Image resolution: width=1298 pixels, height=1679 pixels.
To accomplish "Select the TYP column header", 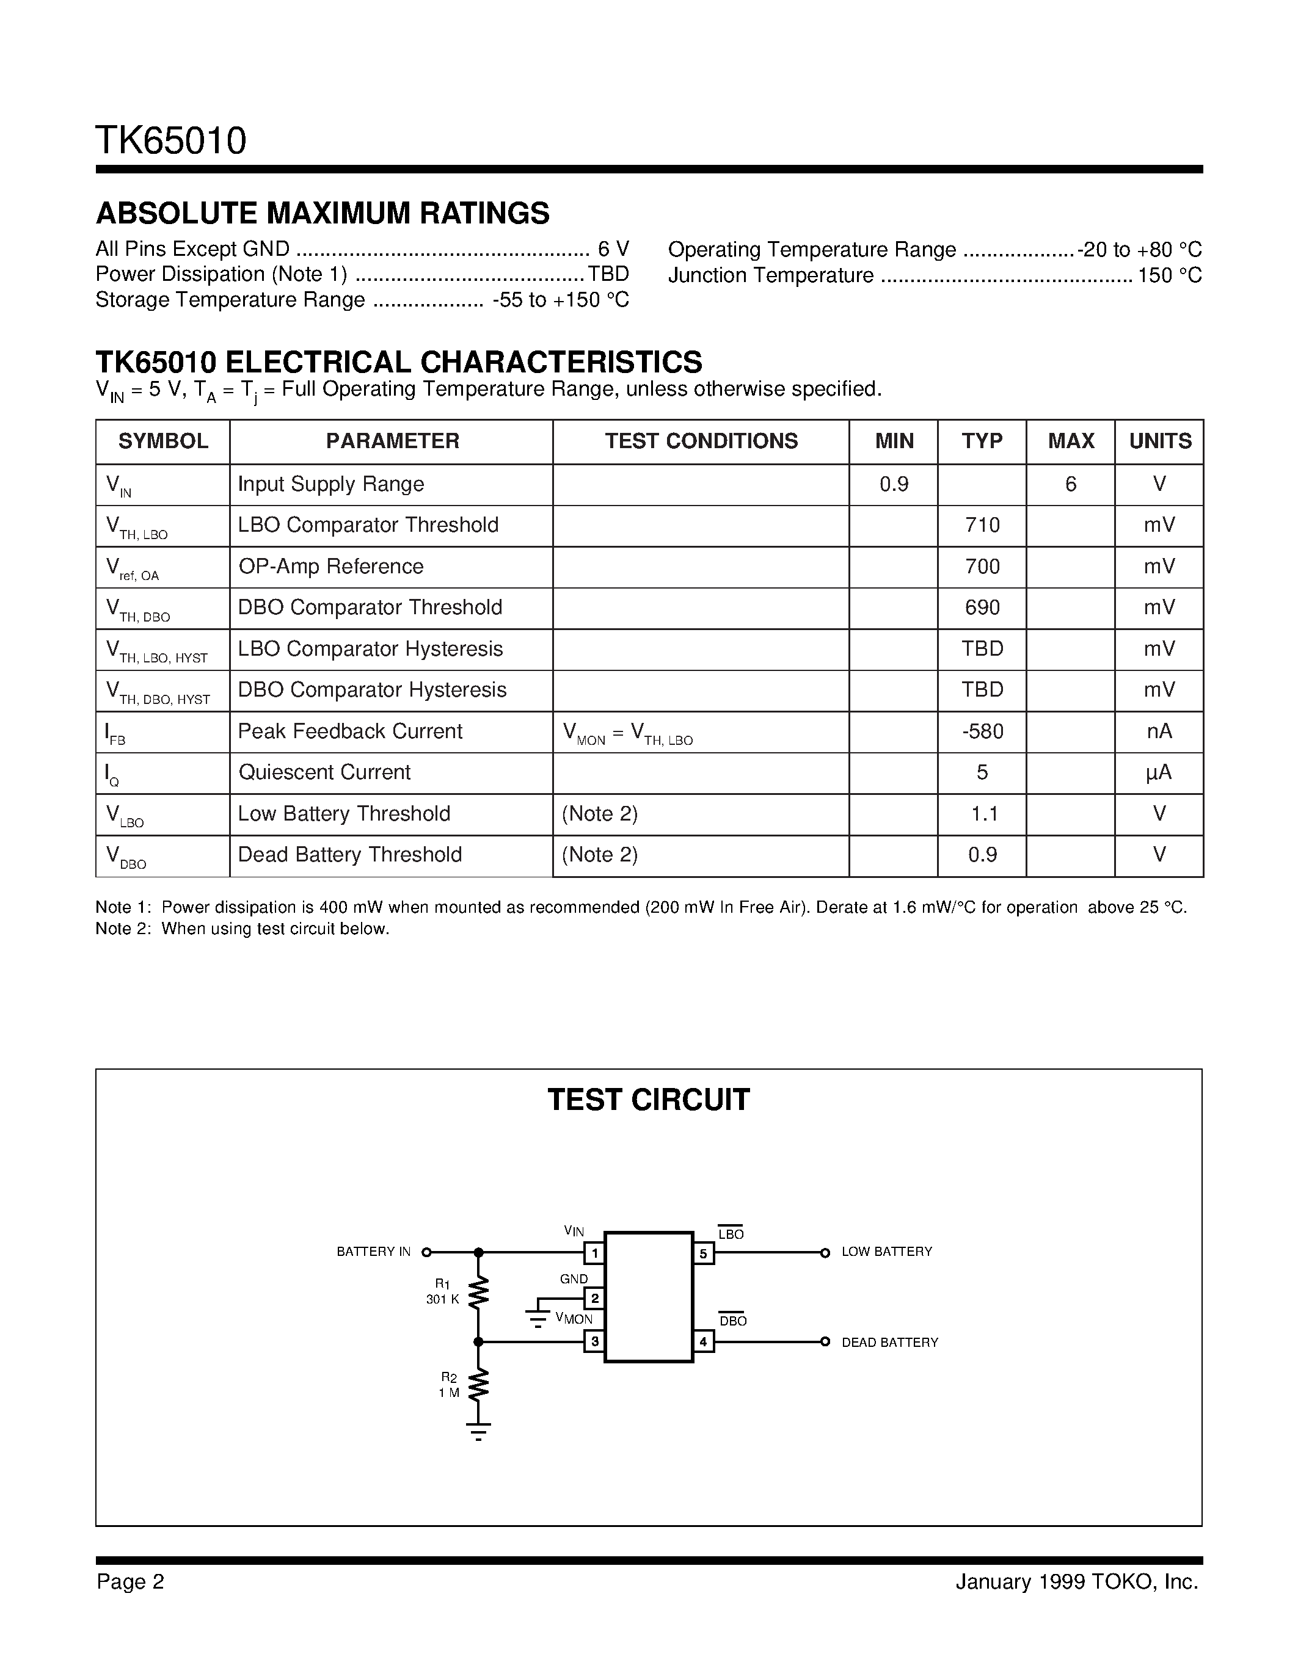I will [x=982, y=441].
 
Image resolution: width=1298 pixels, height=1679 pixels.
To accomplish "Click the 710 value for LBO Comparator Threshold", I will [x=982, y=525].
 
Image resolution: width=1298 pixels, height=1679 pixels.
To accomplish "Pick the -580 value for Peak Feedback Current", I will [x=982, y=731].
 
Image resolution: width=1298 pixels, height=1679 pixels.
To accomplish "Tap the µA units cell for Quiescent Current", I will [x=1159, y=772].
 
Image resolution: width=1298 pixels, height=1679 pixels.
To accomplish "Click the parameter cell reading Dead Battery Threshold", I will [x=350, y=855].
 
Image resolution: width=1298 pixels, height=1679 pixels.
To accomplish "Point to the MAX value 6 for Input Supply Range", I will [x=1070, y=484].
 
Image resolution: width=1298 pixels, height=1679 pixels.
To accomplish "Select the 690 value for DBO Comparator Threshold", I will [x=982, y=607].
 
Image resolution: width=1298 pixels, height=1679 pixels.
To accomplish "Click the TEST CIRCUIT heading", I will [x=648, y=1100].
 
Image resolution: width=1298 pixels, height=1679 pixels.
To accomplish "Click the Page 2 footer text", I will [x=131, y=1581].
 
